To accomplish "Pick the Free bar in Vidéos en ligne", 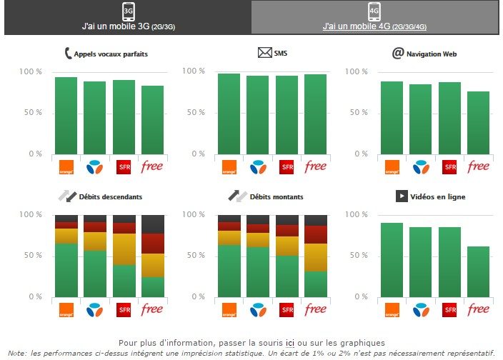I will tap(478, 271).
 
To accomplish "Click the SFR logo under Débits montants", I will tap(287, 310).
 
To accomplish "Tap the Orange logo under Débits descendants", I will tap(66, 310).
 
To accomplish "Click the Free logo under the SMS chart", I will tap(315, 167).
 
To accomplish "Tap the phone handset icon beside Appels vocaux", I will tap(69, 53).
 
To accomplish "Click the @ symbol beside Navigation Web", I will tap(397, 53).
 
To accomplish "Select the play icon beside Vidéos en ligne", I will tap(402, 196).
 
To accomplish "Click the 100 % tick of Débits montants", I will tap(194, 214).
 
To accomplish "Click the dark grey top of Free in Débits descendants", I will tap(152, 224).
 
